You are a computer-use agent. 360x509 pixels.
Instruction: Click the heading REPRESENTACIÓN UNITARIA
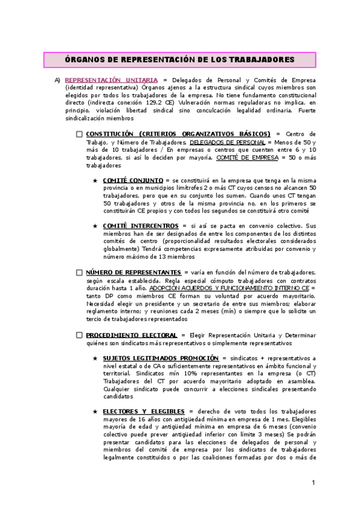112,80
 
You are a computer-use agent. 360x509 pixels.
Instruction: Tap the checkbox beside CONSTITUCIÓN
79,134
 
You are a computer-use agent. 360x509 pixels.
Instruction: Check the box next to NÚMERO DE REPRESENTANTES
79,273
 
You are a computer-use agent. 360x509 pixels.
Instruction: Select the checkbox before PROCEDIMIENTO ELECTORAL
79,335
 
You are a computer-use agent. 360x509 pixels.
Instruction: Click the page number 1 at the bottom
313,483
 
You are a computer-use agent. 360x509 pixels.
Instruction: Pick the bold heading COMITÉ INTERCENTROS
137,226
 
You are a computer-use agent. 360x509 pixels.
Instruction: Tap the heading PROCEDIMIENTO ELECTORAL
131,335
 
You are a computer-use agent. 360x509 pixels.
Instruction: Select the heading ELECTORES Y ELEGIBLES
141,412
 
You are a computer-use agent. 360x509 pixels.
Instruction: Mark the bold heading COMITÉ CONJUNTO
133,181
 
